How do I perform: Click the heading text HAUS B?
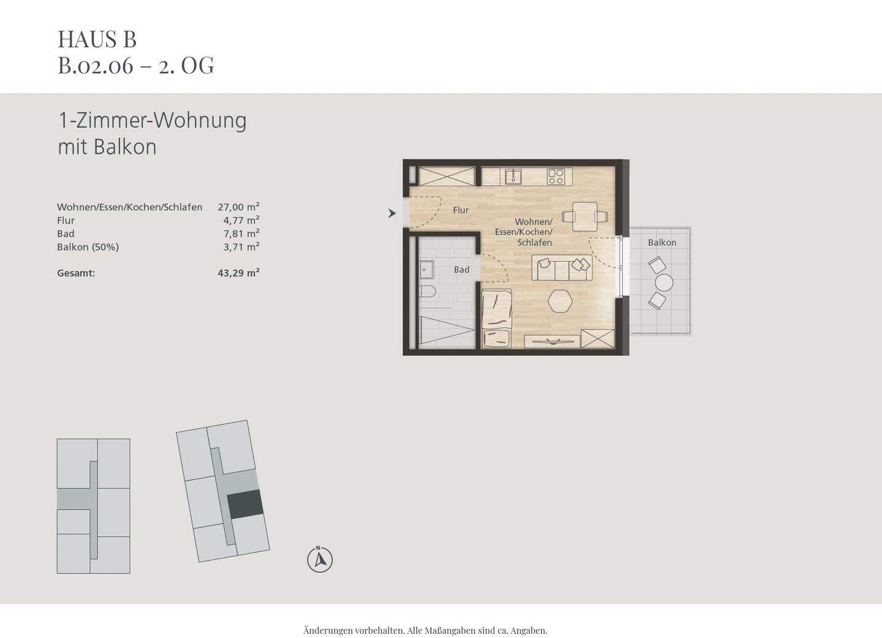pos(97,39)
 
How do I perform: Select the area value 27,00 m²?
pos(238,207)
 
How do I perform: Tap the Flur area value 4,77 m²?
pos(241,221)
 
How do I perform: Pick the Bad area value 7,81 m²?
pos(241,234)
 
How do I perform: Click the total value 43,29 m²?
pos(238,273)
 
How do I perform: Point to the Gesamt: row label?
pos(76,273)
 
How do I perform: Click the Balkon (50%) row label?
pos(88,247)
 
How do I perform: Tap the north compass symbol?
pos(320,560)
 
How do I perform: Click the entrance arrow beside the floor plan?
pos(392,213)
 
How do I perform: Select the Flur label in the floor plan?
pos(461,210)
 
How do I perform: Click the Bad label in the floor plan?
pos(461,270)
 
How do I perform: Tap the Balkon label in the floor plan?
pos(662,243)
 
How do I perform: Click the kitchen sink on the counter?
pos(512,177)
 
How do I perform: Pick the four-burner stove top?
pos(556,177)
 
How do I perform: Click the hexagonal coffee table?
pos(560,301)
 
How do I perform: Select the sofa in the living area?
pos(561,268)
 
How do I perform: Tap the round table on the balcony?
pos(664,283)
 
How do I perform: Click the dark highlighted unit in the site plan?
pos(245,505)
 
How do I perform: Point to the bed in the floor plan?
pos(497,317)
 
